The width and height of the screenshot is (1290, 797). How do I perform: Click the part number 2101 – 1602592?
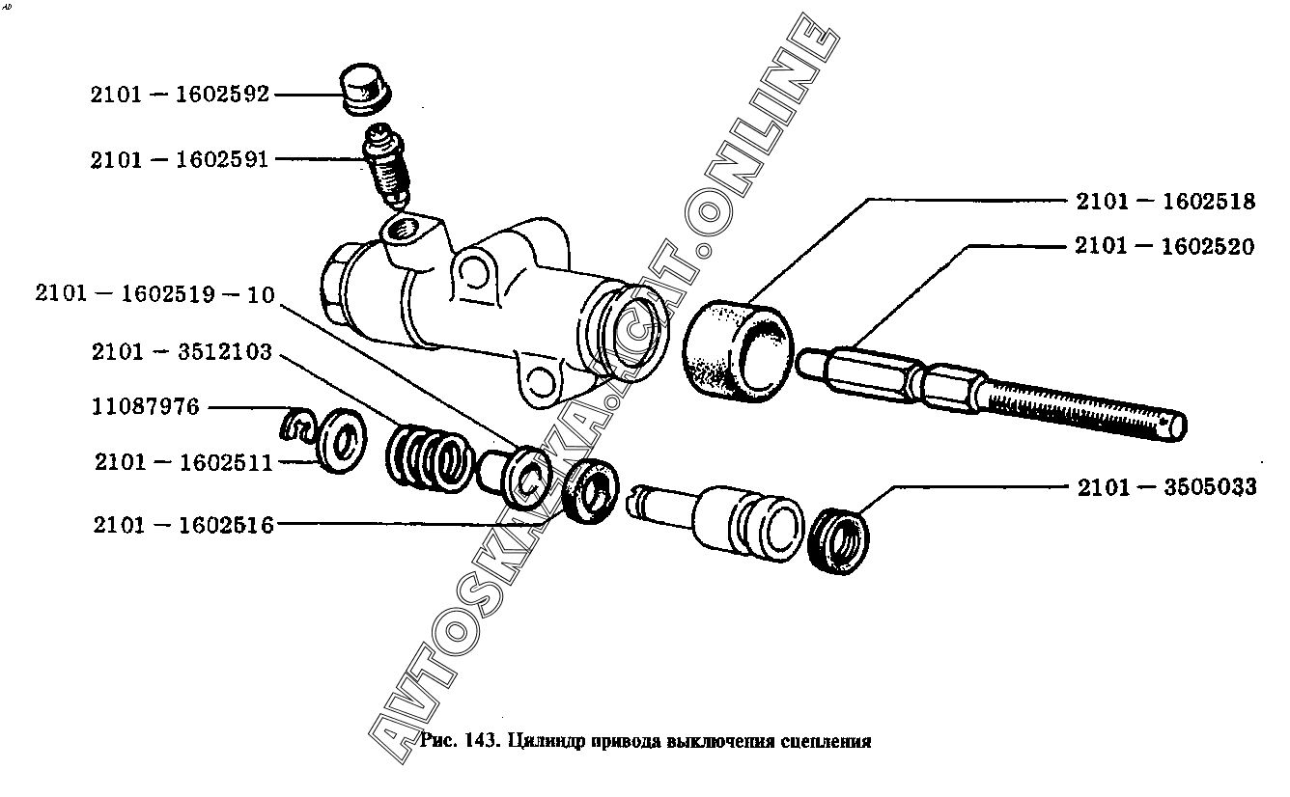(x=180, y=95)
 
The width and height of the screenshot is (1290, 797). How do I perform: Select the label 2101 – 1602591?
(x=180, y=159)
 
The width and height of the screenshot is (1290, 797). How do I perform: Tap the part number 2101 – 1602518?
(x=1165, y=202)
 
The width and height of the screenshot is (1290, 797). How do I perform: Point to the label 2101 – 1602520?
(x=1164, y=246)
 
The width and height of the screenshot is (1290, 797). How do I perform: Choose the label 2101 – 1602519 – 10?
(x=154, y=294)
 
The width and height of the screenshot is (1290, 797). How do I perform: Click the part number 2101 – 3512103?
(x=182, y=351)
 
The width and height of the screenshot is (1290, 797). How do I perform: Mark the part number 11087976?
(x=146, y=407)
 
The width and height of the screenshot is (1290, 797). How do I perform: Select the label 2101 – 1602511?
(x=183, y=462)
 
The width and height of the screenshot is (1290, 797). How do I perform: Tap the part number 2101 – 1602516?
(x=183, y=525)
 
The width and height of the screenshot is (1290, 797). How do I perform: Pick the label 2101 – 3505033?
(x=1167, y=487)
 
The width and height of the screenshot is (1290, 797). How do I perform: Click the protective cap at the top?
(x=365, y=89)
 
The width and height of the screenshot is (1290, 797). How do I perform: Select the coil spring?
(x=429, y=457)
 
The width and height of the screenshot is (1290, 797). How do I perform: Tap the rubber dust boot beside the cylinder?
(x=738, y=351)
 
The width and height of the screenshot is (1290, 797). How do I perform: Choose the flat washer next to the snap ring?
(x=342, y=441)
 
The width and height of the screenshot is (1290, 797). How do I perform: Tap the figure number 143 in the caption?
(x=480, y=740)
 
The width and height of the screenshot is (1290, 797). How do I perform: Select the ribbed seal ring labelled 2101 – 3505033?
(x=838, y=541)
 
